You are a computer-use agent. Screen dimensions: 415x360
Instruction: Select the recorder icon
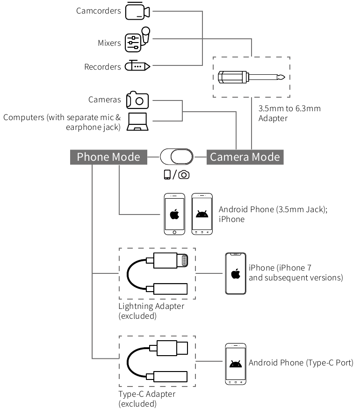[137, 66]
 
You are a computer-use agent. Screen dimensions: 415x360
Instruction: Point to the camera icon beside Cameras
[137, 99]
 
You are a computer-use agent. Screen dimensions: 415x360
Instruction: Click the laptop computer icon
[137, 122]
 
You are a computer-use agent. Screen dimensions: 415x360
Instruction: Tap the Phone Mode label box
[108, 157]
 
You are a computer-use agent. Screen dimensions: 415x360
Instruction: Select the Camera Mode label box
[245, 157]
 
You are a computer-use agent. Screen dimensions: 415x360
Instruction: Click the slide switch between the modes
[177, 157]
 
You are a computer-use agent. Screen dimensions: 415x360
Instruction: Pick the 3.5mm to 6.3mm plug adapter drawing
[252, 77]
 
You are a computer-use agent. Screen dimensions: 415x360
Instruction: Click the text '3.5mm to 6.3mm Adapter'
[289, 113]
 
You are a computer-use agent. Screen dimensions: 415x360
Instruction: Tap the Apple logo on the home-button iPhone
[174, 215]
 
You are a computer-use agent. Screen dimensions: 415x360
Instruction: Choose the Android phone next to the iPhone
[202, 214]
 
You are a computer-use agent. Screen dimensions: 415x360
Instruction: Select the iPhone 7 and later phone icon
[235, 273]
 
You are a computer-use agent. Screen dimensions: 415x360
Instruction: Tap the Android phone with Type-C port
[235, 364]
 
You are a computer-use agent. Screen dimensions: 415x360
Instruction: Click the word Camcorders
[99, 11]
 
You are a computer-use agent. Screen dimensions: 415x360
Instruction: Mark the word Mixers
[109, 43]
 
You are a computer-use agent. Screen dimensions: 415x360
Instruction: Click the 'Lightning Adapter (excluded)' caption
[151, 311]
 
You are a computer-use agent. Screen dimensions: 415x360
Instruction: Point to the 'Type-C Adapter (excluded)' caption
[147, 399]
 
